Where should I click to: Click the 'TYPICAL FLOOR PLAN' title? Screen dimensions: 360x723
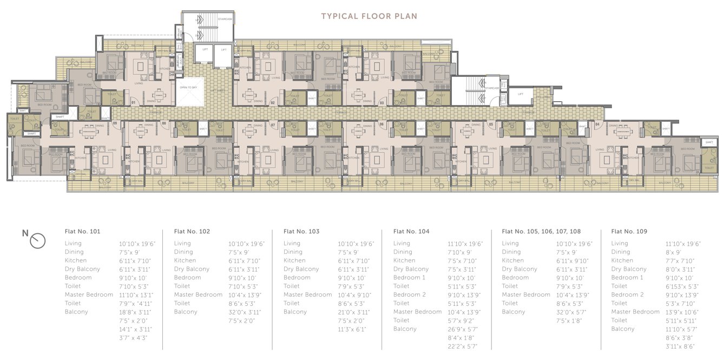pyautogui.click(x=369, y=16)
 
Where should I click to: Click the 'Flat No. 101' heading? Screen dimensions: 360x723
pyautogui.click(x=82, y=231)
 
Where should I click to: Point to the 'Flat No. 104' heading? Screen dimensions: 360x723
pyautogui.click(x=411, y=231)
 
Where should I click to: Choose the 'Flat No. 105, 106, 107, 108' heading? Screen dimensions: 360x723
pyautogui.click(x=541, y=231)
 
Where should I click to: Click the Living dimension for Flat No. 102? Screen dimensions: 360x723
pyautogui.click(x=246, y=244)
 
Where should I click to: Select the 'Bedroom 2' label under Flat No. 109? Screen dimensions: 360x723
pyautogui.click(x=627, y=295)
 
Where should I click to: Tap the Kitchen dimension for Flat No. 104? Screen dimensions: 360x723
pyautogui.click(x=462, y=261)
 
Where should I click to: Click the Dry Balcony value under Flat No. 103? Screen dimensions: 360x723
pyautogui.click(x=356, y=270)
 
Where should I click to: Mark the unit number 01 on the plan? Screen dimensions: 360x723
pyautogui.click(x=133, y=102)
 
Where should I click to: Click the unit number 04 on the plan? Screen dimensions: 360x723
pyautogui.click(x=597, y=125)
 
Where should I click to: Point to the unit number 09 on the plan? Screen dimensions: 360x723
pyautogui.click(x=115, y=124)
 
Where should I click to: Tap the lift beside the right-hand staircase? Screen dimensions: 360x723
pyautogui.click(x=520, y=94)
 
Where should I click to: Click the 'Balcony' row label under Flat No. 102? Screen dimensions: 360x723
pyautogui.click(x=186, y=312)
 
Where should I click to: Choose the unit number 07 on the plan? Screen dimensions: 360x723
pyautogui.click(x=273, y=125)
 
